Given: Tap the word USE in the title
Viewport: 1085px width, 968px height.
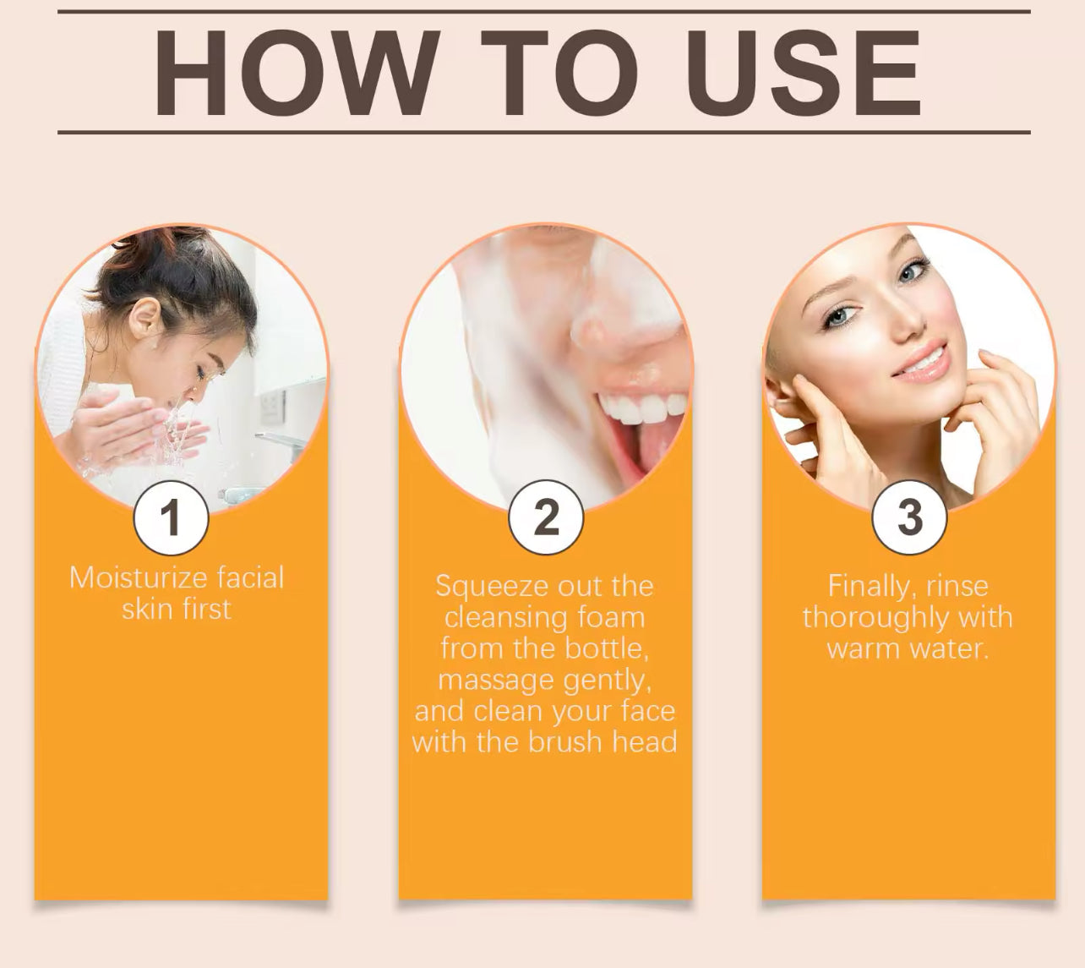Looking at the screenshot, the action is [x=810, y=73].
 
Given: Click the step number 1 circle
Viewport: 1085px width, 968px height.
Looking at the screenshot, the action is [x=171, y=517].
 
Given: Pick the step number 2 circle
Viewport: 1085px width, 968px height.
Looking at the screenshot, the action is [x=546, y=517].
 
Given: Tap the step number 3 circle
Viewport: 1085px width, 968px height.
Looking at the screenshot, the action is [x=910, y=517].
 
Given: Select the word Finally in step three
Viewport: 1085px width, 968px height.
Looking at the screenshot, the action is [x=869, y=586].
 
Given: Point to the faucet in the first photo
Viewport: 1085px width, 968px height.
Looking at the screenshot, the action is [x=279, y=441].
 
